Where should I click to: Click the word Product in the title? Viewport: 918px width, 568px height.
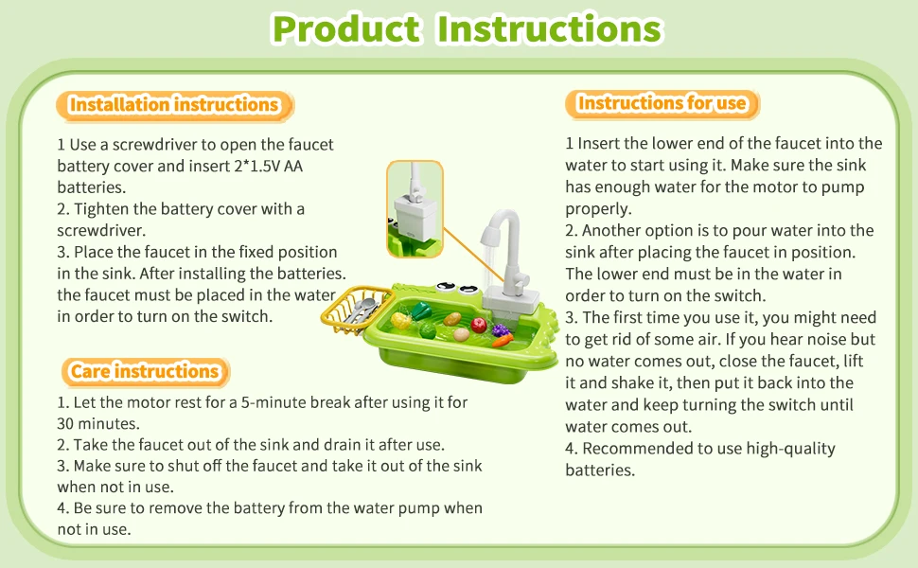click(x=346, y=28)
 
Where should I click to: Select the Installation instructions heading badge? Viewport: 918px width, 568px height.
click(x=174, y=105)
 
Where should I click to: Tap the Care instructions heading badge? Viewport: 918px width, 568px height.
click(x=145, y=372)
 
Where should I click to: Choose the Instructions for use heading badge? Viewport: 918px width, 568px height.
click(x=662, y=103)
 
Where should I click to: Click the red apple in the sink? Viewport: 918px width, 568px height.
click(x=479, y=325)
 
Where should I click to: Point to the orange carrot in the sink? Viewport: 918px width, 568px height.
click(x=503, y=340)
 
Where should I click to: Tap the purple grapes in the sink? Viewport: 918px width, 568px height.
click(x=500, y=330)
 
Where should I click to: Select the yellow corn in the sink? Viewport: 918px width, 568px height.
click(x=401, y=320)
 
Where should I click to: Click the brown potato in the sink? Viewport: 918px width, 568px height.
click(x=452, y=319)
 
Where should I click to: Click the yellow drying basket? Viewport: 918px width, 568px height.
click(x=355, y=310)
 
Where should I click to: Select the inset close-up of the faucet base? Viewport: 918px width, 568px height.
click(x=415, y=209)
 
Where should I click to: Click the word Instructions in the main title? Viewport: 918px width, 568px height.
click(x=550, y=28)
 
